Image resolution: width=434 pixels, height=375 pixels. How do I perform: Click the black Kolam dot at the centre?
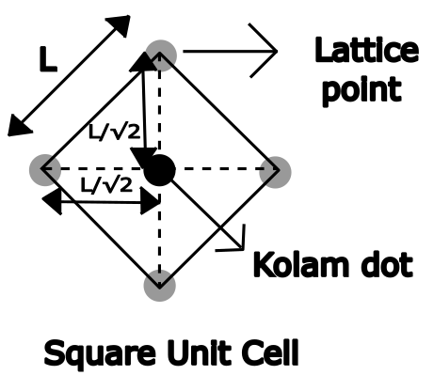(x=159, y=171)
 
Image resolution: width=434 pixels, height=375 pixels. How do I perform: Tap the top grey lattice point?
(x=162, y=53)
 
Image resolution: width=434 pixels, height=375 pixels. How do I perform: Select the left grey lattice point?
(x=43, y=170)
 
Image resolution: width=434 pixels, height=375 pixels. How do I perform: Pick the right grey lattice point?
(x=278, y=170)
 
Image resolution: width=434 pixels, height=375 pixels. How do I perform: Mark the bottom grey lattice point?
(x=160, y=286)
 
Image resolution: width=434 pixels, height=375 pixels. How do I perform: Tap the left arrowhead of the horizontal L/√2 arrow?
(x=48, y=202)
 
